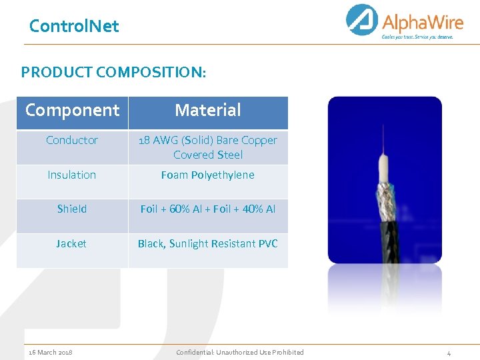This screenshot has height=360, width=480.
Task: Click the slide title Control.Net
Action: coord(74,27)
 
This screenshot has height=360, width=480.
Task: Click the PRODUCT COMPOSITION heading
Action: coord(113,72)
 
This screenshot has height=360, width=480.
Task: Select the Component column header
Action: coord(72,110)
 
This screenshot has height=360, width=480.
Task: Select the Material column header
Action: coord(208,110)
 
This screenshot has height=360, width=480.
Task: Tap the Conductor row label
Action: coord(72,140)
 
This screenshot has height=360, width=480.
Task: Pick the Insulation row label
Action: coord(72,175)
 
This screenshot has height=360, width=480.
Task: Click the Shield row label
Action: coord(72,209)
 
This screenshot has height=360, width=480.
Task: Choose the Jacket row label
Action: coord(71,243)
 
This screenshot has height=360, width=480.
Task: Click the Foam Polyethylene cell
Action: coord(208,175)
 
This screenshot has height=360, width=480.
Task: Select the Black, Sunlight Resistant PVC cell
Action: coord(208,243)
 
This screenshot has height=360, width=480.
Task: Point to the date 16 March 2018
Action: coord(51,352)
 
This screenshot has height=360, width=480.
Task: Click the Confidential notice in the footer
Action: coord(240,352)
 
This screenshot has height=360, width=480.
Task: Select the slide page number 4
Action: coord(449,352)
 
